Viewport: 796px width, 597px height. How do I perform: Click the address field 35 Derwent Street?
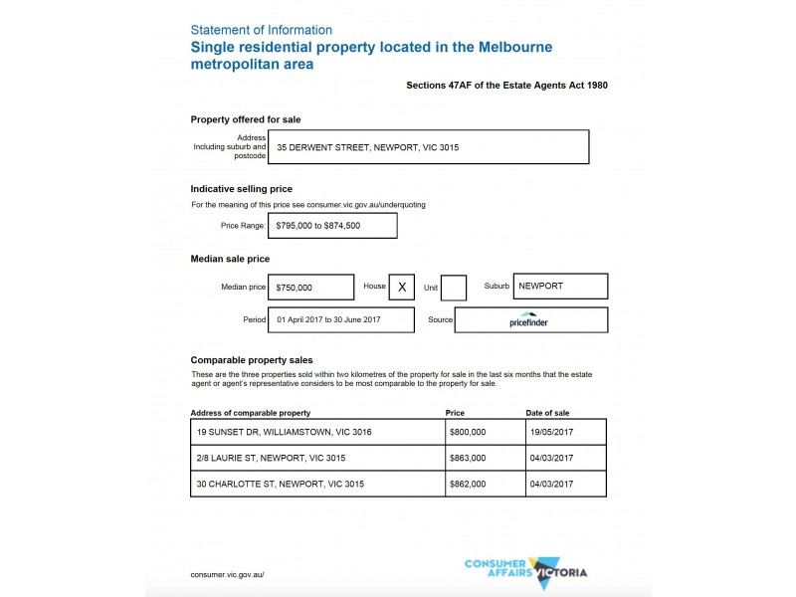click(432, 147)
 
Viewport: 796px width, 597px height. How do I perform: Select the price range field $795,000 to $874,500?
click(333, 226)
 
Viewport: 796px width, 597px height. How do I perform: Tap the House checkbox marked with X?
click(402, 287)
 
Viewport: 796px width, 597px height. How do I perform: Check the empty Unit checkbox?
click(454, 288)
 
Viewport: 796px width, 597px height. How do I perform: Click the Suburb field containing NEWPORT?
click(560, 287)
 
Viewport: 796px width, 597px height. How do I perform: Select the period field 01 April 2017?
click(342, 320)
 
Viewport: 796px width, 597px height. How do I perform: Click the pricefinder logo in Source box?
click(530, 320)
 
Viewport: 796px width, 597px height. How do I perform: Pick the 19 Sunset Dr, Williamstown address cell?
click(317, 432)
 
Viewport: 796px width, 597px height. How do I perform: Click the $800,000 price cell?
click(485, 432)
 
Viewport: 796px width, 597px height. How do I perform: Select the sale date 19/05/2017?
click(565, 432)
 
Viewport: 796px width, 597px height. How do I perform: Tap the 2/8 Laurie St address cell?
click(317, 458)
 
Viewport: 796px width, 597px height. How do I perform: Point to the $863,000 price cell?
click(485, 458)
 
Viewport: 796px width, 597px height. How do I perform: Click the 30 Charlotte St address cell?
click(317, 484)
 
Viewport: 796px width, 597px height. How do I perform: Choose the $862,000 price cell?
click(485, 484)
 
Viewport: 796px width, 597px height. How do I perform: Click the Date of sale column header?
click(547, 412)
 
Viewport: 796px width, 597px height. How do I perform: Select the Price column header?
click(455, 412)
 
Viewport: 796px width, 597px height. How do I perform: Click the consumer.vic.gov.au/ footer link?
click(227, 574)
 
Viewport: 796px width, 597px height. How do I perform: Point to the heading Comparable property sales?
click(252, 359)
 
